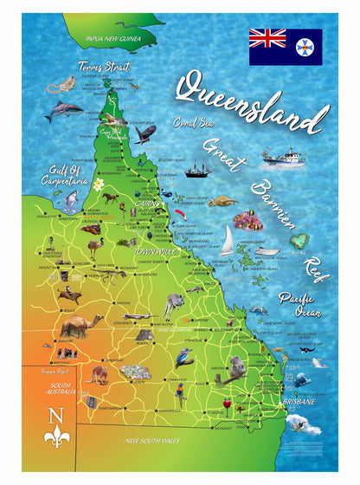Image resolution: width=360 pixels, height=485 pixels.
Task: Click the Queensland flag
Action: click(x=286, y=47)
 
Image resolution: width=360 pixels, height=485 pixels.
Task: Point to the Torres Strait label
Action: click(x=103, y=66)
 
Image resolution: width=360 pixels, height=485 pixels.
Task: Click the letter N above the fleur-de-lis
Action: click(x=57, y=413)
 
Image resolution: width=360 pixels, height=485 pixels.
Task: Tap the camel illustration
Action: click(x=81, y=327)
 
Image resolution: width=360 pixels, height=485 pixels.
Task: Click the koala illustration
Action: click(x=236, y=366)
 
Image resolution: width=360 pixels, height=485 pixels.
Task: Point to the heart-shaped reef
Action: click(x=299, y=240)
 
